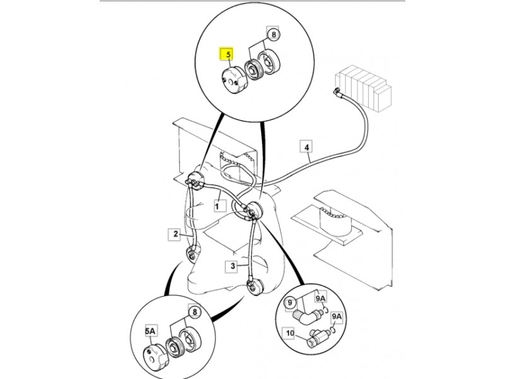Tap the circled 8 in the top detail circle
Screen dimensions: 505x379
click(274, 34)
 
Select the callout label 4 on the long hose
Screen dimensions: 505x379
click(307, 147)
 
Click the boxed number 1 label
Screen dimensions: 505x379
click(217, 205)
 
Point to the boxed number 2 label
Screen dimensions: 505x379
click(175, 234)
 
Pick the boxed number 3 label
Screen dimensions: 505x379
click(232, 266)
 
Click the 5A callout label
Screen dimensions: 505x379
click(150, 331)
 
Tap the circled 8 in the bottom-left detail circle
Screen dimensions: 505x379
click(194, 311)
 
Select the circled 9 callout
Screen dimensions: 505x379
click(290, 303)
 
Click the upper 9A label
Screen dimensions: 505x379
click(320, 298)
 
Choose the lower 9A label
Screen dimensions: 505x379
click(337, 317)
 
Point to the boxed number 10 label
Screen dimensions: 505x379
click(290, 333)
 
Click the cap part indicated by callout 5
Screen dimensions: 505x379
click(233, 80)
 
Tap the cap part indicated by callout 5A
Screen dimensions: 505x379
click(153, 355)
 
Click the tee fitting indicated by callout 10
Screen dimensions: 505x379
click(317, 338)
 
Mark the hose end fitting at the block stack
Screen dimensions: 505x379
click(337, 91)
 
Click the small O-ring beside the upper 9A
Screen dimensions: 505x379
click(326, 310)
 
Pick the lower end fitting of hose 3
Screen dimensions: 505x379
click(255, 286)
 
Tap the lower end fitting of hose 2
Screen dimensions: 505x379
click(193, 253)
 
